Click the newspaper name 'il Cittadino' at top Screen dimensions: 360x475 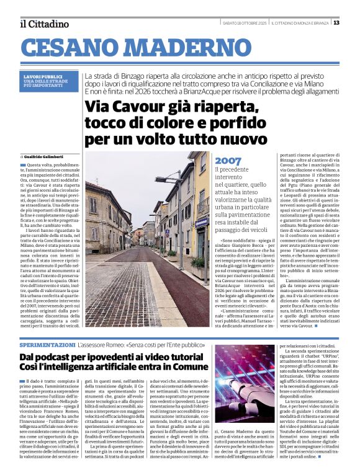[x=43, y=24]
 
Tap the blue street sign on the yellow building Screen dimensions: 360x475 [x=201, y=221]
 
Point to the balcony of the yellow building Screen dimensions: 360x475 [x=204, y=205]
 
